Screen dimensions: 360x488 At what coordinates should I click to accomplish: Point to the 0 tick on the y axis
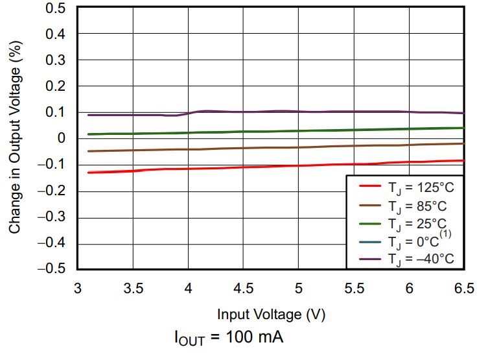[x=62, y=138]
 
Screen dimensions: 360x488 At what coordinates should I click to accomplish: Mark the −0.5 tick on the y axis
[x=52, y=269]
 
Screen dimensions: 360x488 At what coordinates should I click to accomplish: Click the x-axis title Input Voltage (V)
[x=271, y=315]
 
